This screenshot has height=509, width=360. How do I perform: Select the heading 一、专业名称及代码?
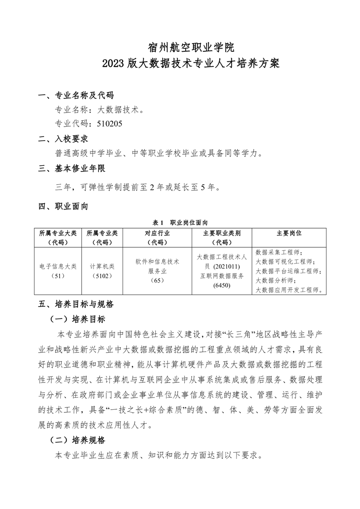click(76, 95)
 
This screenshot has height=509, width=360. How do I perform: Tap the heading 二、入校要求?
click(63, 138)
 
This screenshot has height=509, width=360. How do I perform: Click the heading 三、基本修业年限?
click(72, 169)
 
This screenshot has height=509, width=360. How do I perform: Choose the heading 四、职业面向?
click(63, 206)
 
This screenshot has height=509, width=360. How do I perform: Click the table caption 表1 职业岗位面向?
click(180, 223)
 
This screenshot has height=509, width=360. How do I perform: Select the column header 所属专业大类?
click(58, 233)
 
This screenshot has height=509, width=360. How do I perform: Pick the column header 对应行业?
click(157, 233)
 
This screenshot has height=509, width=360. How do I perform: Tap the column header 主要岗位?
click(289, 233)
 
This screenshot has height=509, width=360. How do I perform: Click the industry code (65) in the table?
click(157, 280)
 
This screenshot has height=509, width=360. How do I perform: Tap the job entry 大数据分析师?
click(275, 280)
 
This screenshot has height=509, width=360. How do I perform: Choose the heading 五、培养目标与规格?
click(76, 303)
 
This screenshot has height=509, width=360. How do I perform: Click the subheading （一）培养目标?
click(77, 319)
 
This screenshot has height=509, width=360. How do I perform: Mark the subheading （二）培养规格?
click(77, 440)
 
